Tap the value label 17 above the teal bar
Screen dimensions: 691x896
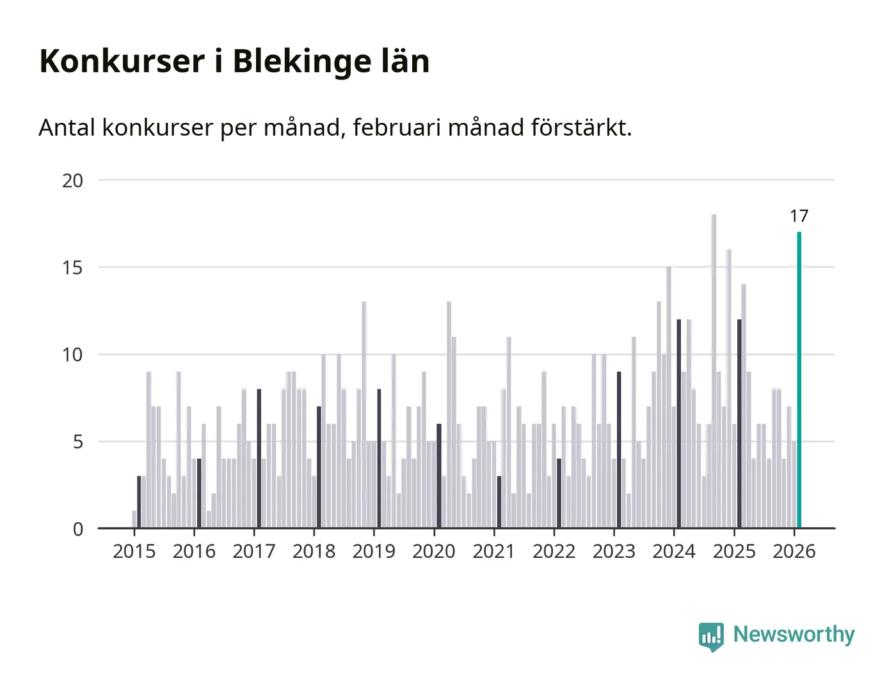point(799,216)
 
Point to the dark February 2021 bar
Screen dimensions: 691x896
point(499,502)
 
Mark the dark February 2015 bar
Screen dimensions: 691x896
point(139,502)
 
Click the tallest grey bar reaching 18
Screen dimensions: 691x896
point(714,371)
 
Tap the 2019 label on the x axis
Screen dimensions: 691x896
point(374,552)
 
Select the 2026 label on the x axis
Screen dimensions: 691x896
point(794,552)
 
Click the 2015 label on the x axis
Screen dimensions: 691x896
point(134,552)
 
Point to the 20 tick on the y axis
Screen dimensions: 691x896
point(73,180)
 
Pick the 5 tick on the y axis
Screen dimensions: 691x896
point(78,442)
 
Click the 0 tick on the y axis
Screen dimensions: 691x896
point(78,529)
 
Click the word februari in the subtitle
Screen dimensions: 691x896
point(397,128)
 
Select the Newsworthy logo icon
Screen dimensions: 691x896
point(711,636)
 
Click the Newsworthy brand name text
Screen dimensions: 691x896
point(794,635)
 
